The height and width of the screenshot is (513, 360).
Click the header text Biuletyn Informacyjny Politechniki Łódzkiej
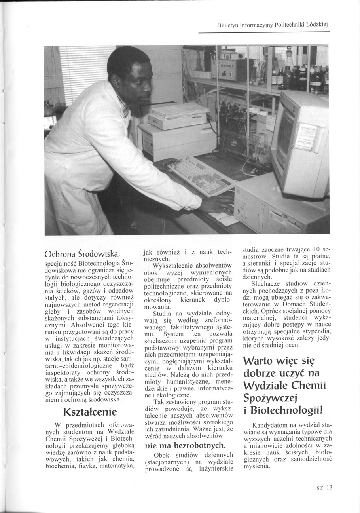click(x=273, y=25)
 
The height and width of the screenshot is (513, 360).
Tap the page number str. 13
click(x=324, y=488)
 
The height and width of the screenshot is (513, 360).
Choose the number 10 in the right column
click(x=316, y=249)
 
